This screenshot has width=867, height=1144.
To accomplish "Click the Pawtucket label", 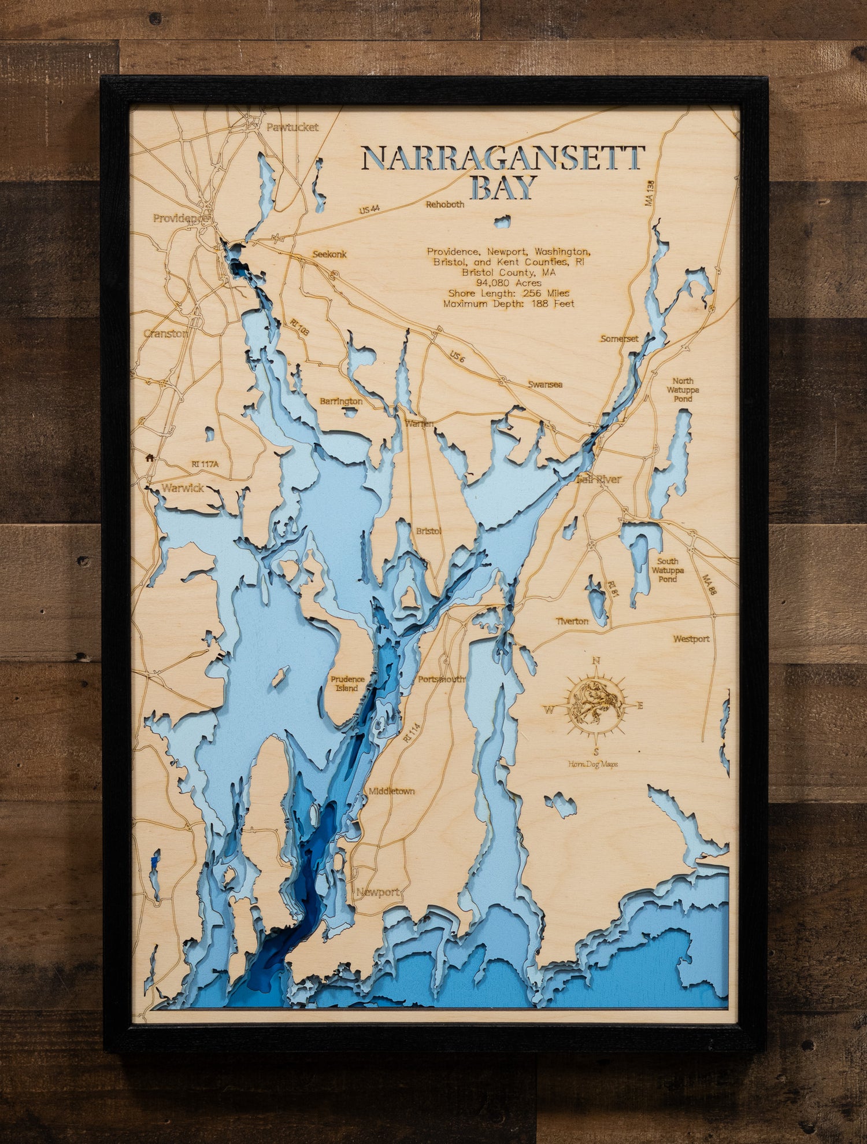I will point(292,127).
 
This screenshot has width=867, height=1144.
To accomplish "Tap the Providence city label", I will point(179,218).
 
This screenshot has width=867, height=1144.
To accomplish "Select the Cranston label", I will point(165,334).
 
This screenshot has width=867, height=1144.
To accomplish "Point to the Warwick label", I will point(183,488).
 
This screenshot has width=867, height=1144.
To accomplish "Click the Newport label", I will point(377,892).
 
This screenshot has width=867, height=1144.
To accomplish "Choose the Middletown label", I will point(392,791).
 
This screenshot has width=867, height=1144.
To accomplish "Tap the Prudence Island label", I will point(347,684).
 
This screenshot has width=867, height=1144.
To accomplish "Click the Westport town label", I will point(691,639).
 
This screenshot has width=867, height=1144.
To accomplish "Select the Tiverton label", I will point(572,621).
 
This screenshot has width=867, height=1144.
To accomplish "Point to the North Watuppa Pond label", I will point(683,390).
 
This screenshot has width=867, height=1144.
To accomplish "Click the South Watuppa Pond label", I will point(668,570).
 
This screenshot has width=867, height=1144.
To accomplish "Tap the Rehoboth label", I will point(445,204).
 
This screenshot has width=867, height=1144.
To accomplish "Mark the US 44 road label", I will point(369,209).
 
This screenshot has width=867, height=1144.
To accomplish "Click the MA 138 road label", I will point(650,193).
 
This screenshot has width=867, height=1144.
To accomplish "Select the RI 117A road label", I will point(205,464).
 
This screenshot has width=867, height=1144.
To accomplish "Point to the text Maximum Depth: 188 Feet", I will point(509,303).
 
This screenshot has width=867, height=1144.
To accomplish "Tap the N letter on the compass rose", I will point(596,661).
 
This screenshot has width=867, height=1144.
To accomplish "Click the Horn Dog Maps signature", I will point(593,764).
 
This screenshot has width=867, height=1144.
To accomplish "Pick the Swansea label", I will point(545,384).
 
